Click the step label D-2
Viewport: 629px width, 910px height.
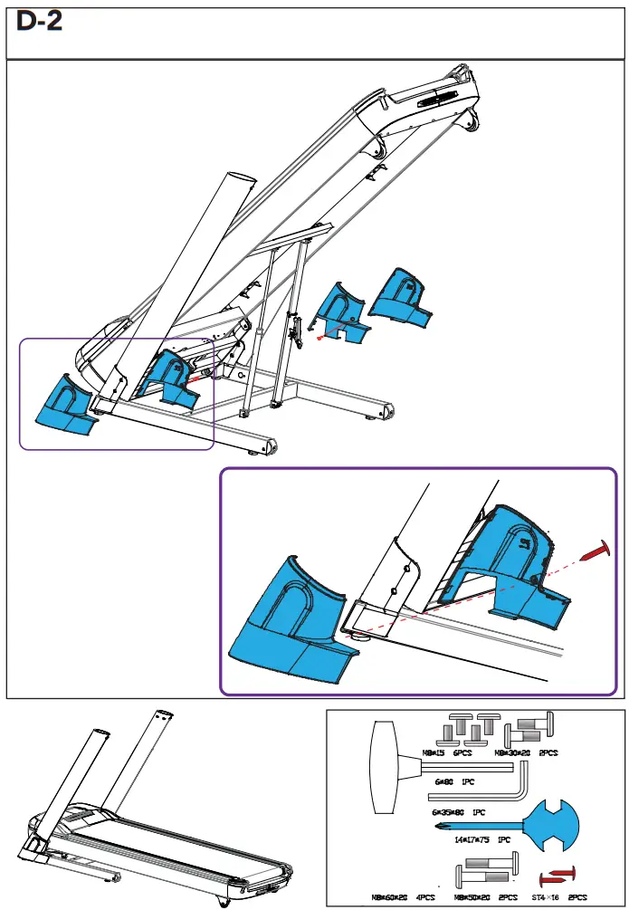[40, 23]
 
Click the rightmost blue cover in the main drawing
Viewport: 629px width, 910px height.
[402, 299]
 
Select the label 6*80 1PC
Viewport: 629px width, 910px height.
[453, 780]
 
